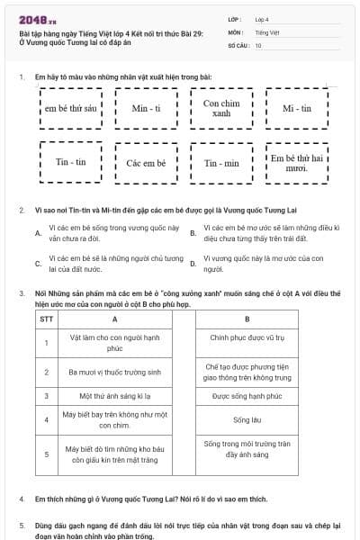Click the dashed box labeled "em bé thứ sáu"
(x=69, y=108)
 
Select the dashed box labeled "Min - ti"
(x=145, y=108)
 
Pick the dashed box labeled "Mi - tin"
(x=296, y=108)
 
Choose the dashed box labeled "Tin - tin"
(x=69, y=163)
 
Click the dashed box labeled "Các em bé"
(x=145, y=163)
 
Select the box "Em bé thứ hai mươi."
(x=296, y=163)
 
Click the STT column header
(x=47, y=319)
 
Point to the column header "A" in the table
(x=114, y=319)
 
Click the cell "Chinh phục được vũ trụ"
(x=247, y=338)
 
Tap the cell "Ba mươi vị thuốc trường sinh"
(x=114, y=372)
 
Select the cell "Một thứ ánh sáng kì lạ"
(x=114, y=395)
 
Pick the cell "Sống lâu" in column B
(x=247, y=419)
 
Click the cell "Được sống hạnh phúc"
(x=247, y=395)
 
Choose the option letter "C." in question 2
(x=38, y=264)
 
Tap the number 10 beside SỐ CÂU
(x=258, y=44)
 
